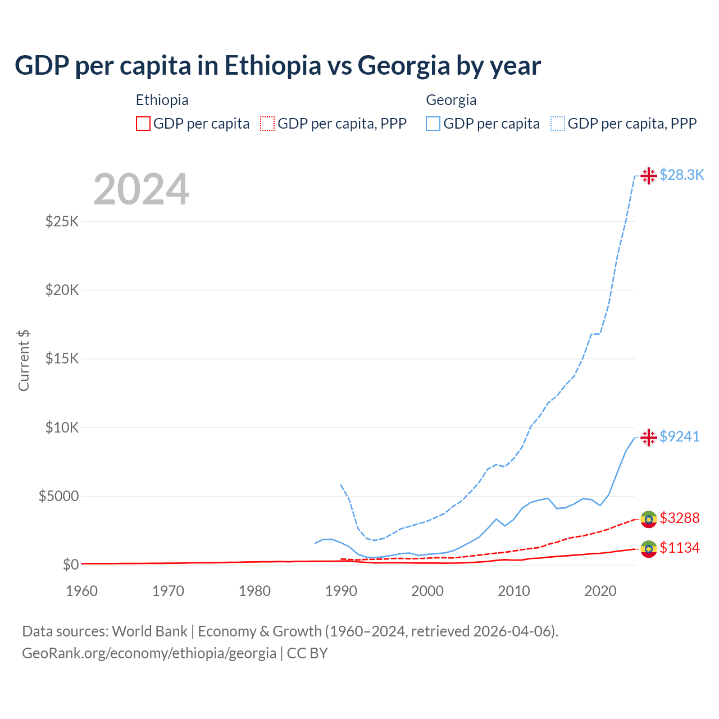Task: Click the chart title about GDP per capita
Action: click(277, 65)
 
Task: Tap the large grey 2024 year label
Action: click(141, 189)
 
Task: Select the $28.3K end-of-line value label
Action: click(681, 175)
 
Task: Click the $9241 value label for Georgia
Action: click(679, 436)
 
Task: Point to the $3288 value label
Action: click(679, 518)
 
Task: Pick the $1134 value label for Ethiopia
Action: click(679, 548)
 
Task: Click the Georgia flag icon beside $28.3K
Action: click(649, 176)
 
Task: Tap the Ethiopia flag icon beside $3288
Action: click(649, 519)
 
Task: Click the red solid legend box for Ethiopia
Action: click(143, 124)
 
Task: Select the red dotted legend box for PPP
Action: click(267, 124)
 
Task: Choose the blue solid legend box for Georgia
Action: click(433, 124)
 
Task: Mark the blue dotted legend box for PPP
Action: click(558, 124)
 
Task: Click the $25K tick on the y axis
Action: click(62, 221)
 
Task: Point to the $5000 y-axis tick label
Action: click(58, 496)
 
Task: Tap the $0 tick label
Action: click(70, 565)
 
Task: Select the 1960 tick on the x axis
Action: click(82, 591)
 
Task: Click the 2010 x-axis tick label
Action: click(514, 591)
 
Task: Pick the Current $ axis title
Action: click(24, 360)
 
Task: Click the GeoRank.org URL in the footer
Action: click(149, 653)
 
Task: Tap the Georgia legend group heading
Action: click(451, 100)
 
